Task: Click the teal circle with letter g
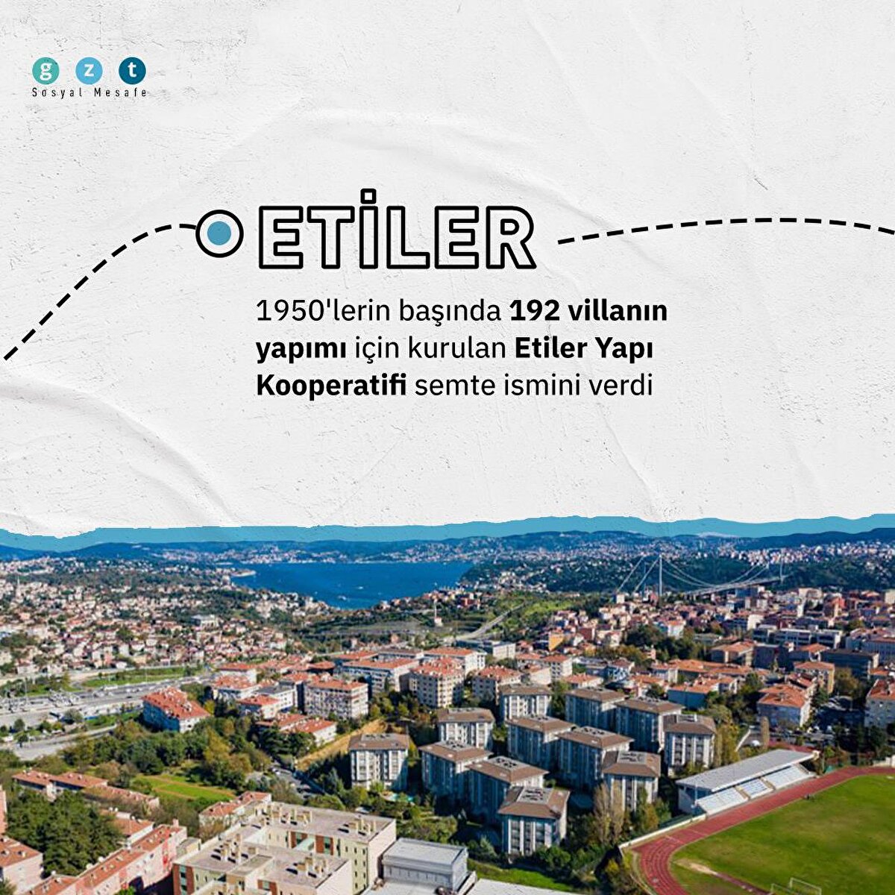[x=45, y=71]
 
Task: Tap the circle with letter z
[x=89, y=71]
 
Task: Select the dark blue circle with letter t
[x=132, y=71]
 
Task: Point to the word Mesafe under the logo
[x=120, y=93]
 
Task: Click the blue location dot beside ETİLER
[x=219, y=233]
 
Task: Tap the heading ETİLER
[x=397, y=230]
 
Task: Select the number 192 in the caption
[x=533, y=312]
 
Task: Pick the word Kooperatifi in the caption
[x=331, y=386]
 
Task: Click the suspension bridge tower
[x=659, y=576]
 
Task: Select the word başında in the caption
[x=449, y=312]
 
